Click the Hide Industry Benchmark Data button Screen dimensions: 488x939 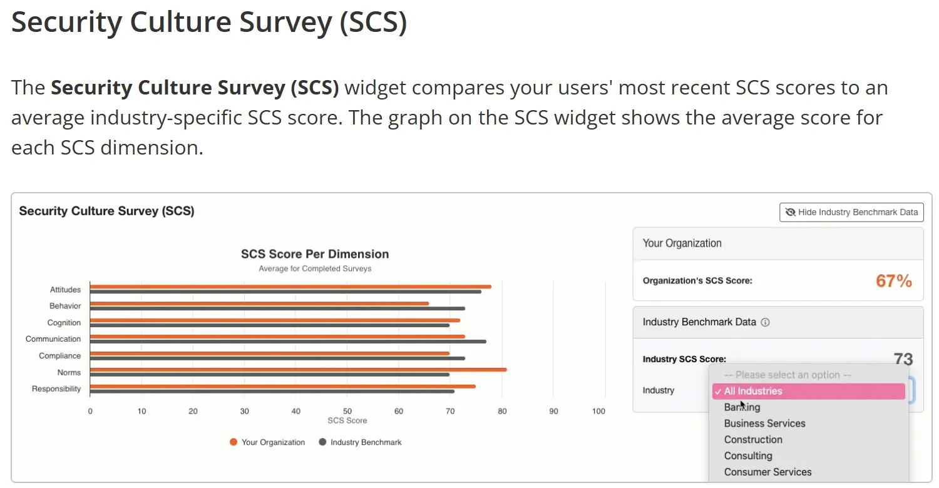point(851,212)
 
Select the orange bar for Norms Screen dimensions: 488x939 point(298,369)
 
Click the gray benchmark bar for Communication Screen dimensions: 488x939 point(288,342)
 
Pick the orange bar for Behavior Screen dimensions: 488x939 point(259,303)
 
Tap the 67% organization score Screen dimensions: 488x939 point(893,281)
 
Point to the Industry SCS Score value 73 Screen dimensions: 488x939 point(903,359)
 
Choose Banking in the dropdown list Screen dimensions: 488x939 point(742,407)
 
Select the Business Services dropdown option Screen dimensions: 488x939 point(764,424)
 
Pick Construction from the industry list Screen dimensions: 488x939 point(753,440)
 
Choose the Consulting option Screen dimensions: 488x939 point(748,456)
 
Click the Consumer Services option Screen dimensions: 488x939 point(767,472)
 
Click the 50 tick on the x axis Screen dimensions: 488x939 point(347,411)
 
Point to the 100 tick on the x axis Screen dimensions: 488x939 point(598,411)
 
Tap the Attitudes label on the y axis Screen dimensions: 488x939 point(66,290)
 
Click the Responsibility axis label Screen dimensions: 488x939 point(56,389)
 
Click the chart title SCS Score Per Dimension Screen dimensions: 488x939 point(315,254)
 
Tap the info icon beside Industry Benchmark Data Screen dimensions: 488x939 point(765,322)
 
